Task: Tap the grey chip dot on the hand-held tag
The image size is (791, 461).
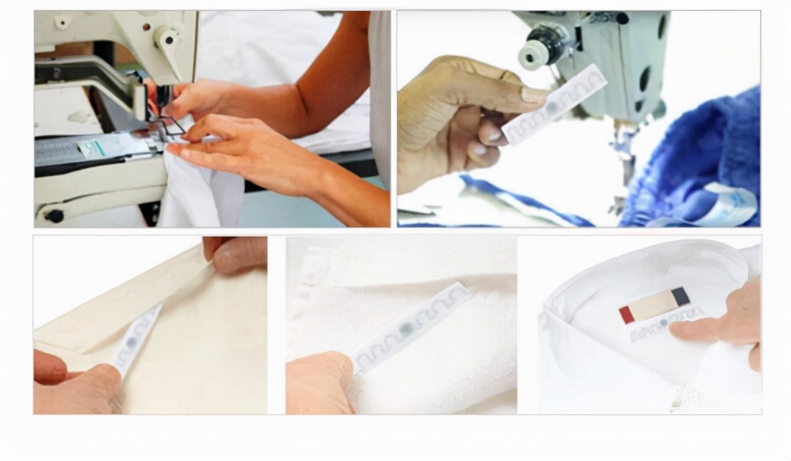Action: click(x=553, y=107)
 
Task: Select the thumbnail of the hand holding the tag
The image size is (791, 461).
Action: click(x=579, y=118)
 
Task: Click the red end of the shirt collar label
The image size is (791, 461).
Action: click(x=627, y=314)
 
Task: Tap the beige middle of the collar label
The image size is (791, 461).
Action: click(x=653, y=305)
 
